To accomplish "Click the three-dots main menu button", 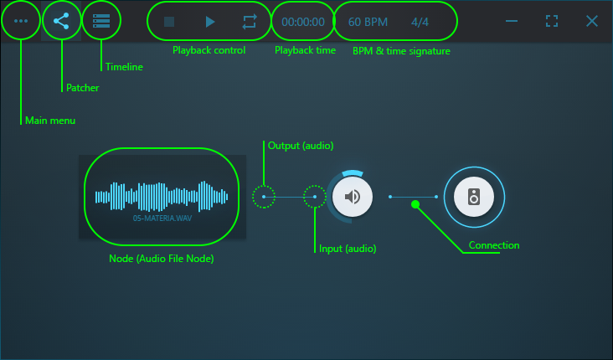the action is [x=21, y=21].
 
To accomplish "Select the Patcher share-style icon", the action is [x=61, y=21].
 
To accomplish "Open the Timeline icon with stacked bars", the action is [x=101, y=21].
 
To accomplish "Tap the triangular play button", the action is [x=210, y=22].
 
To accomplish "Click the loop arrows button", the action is [x=250, y=22].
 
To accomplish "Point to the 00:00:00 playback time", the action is [x=303, y=22].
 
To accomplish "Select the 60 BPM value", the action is [x=368, y=22].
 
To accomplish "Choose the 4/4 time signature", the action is [x=420, y=22].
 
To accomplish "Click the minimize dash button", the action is [x=512, y=21].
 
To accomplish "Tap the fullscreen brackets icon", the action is [x=552, y=21].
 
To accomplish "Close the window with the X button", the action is [x=592, y=21].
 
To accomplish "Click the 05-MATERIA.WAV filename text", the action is [x=162, y=219].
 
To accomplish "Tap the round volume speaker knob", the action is [x=353, y=197].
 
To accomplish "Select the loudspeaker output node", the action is [x=474, y=197].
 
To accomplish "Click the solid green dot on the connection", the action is [x=415, y=204].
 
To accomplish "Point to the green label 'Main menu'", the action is [x=50, y=121].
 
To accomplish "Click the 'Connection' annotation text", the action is [x=494, y=245].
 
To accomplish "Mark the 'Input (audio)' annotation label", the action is [x=348, y=249].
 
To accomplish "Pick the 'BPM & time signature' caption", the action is [x=401, y=51].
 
